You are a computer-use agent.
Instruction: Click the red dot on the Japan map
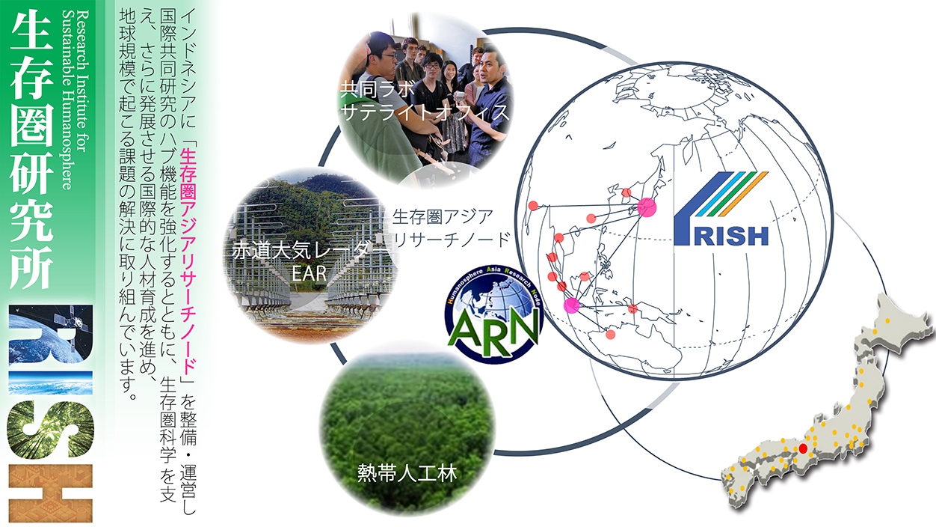(x=803, y=448)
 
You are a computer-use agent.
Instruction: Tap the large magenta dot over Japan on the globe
(x=647, y=207)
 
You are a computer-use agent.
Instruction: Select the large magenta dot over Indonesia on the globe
(x=571, y=305)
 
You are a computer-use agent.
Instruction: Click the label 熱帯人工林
(x=407, y=473)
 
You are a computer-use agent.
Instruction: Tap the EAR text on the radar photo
(x=309, y=273)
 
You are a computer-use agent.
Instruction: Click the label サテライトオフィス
(x=425, y=112)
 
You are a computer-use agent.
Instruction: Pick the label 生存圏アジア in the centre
(x=443, y=216)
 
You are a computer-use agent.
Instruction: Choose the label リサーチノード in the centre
(x=452, y=240)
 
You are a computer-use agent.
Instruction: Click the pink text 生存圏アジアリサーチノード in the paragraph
(x=188, y=264)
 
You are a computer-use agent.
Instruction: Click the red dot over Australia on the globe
(x=611, y=334)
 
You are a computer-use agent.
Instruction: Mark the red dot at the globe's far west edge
(x=533, y=205)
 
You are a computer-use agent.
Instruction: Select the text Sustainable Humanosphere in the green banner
(x=67, y=100)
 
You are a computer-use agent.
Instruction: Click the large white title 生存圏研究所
(x=31, y=150)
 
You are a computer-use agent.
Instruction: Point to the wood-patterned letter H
(x=50, y=493)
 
